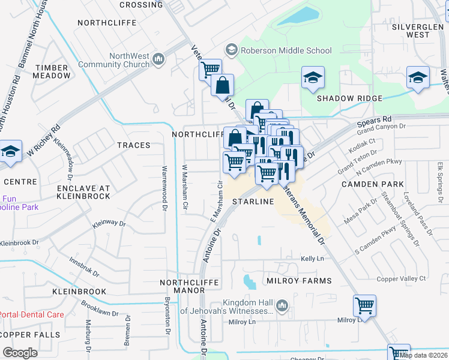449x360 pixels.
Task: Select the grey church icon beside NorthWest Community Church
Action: coord(159,59)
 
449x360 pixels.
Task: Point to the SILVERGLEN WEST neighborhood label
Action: coord(418,31)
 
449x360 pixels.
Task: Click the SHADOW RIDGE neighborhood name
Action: coord(349,98)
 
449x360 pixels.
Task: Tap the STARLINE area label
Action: coord(253,202)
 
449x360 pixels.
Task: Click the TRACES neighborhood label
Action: coord(134,145)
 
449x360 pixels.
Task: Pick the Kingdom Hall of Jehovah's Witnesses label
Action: coord(247,307)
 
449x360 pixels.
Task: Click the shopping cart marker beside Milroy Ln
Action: coord(364,306)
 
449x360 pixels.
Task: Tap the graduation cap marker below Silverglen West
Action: coord(418,77)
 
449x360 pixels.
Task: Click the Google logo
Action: coord(20,353)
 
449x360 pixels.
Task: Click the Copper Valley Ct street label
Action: coord(401,278)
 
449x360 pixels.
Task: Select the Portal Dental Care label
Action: coord(31,314)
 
